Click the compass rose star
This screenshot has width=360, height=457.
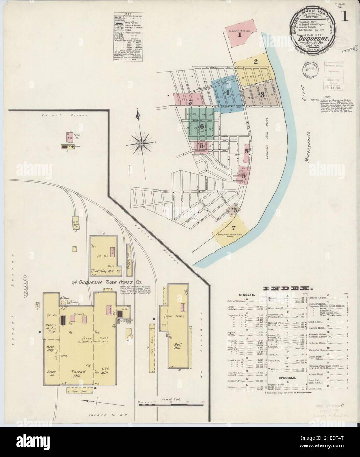pyautogui.click(x=141, y=144)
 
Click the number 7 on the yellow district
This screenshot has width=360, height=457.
pyautogui.click(x=233, y=228)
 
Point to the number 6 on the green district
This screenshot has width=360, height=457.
pyautogui.click(x=202, y=126)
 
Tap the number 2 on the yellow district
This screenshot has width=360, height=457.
pyautogui.click(x=255, y=61)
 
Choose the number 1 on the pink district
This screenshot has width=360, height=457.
pyautogui.click(x=240, y=34)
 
